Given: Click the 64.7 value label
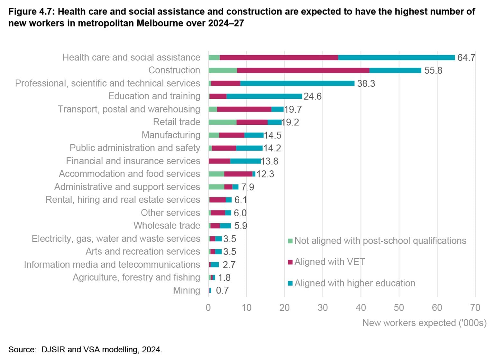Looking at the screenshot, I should (466, 58).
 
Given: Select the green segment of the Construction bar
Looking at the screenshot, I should (223, 70).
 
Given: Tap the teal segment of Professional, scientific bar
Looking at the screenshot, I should (297, 83).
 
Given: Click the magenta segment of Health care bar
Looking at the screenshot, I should (279, 58).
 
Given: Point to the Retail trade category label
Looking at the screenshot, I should (177, 122).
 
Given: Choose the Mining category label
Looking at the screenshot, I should (187, 290).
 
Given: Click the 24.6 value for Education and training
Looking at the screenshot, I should (312, 96).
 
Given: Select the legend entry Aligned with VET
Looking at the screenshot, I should (329, 262).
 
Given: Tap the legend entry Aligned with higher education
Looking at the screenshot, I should (354, 283).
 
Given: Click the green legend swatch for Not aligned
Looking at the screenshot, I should (290, 241).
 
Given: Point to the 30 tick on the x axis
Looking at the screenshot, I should (323, 308).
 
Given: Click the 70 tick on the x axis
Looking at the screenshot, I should (475, 308).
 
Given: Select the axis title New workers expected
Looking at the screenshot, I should (424, 323).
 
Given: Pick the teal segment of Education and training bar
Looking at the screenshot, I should (264, 96).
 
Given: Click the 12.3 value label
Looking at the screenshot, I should (265, 174).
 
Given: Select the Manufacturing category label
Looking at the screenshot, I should (171, 135).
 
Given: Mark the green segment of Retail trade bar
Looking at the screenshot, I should (222, 122).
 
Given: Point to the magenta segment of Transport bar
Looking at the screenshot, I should (244, 109).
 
